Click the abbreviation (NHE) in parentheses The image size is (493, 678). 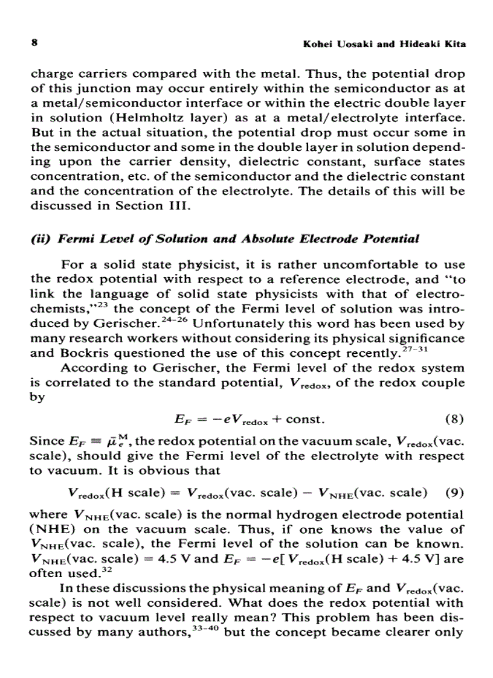(x=51, y=529)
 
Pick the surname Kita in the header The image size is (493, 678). (x=453, y=45)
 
